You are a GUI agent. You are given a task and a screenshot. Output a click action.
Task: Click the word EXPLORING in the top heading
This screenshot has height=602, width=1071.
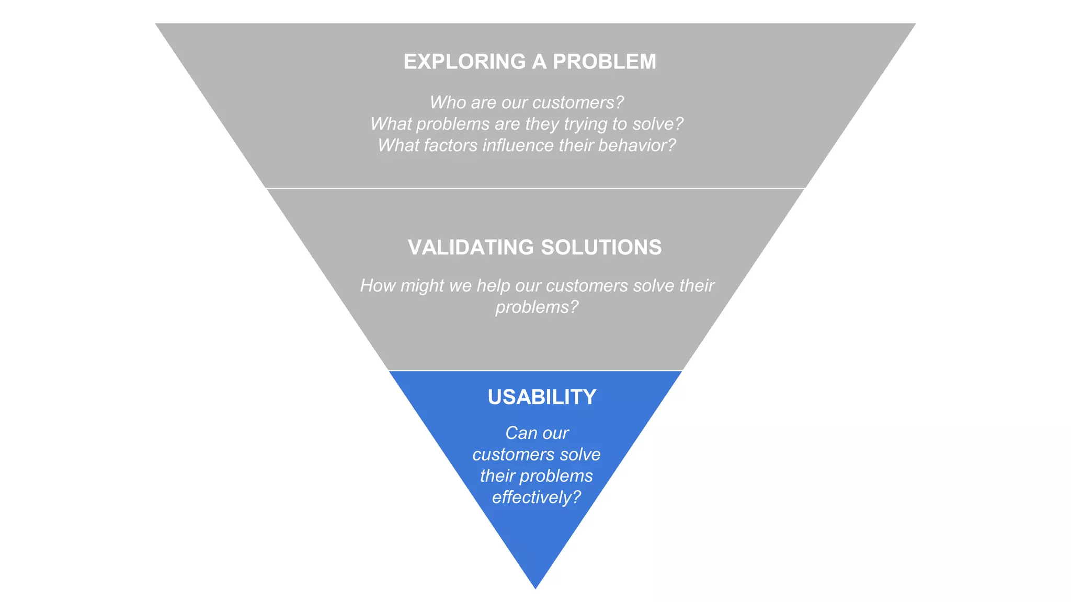464,62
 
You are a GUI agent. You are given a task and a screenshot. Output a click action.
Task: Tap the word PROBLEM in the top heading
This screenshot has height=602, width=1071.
605,62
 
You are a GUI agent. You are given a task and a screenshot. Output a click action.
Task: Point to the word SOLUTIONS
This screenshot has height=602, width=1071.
601,247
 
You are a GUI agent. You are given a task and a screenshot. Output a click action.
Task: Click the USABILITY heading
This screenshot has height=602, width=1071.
542,397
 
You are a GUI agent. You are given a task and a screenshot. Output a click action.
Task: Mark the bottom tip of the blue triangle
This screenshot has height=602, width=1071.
535,587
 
